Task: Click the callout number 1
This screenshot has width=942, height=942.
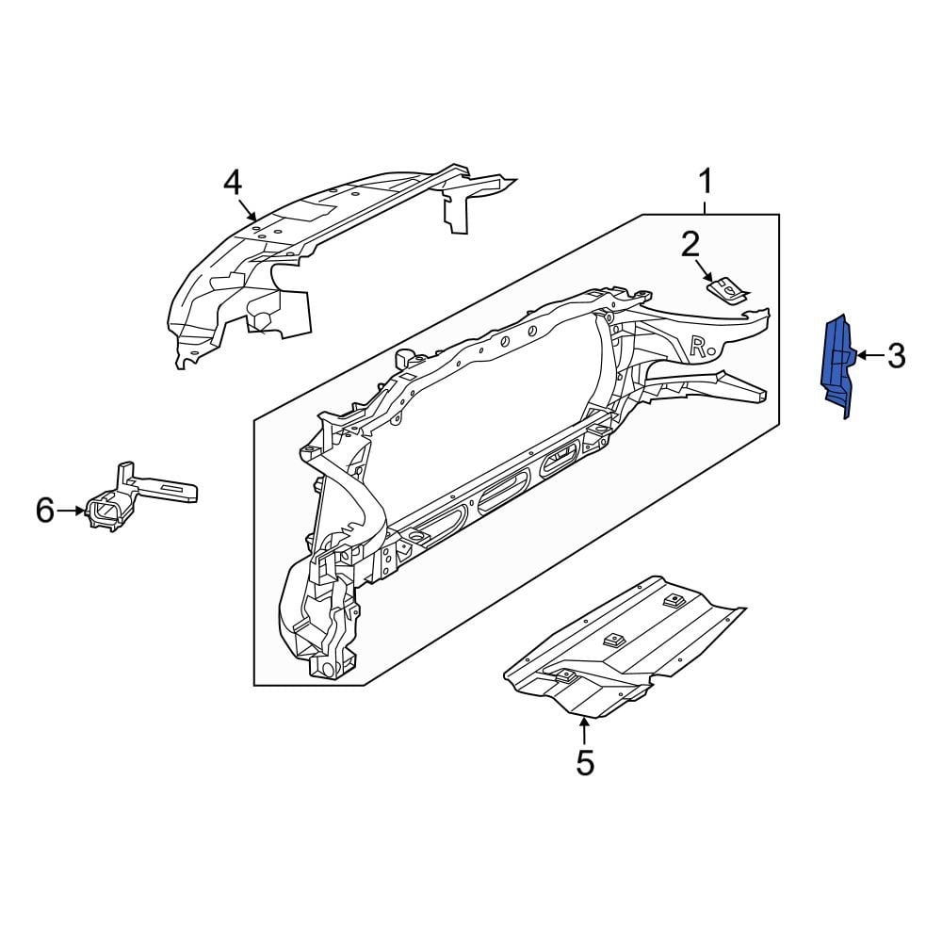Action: (706, 180)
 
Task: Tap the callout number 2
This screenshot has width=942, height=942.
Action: (690, 245)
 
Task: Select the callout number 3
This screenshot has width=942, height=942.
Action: (896, 356)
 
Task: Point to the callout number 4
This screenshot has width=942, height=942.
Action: (233, 182)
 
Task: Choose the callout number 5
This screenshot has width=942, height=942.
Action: (585, 762)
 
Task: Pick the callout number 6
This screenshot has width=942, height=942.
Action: (45, 511)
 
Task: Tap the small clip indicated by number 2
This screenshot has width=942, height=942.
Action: (727, 289)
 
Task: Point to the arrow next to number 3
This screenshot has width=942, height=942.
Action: (869, 356)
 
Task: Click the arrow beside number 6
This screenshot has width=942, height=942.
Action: (73, 511)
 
